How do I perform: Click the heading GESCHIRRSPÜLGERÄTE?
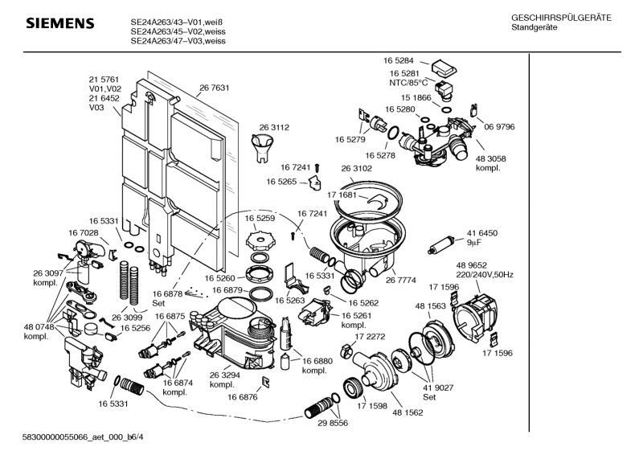tap(560, 18)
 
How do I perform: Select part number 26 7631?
tap(215, 88)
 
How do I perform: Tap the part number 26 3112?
tap(273, 127)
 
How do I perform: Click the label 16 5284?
tap(399, 60)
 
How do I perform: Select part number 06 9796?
tap(499, 127)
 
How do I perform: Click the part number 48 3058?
tap(491, 159)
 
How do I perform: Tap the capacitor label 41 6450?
tap(482, 232)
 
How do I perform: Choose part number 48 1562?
tap(408, 412)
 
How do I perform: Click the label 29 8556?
tap(333, 422)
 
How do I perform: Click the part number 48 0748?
tap(38, 326)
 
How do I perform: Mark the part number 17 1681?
tap(342, 195)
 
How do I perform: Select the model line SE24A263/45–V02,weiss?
tap(169, 32)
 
